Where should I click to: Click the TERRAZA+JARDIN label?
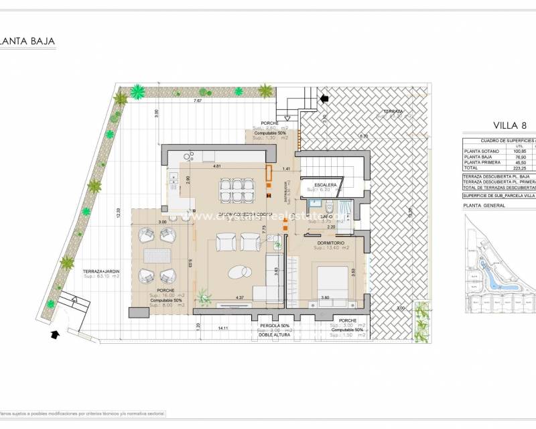click(97, 271)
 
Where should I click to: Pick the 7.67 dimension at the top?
click(197, 101)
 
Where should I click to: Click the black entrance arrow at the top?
click(326, 99)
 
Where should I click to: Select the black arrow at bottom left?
click(54, 333)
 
